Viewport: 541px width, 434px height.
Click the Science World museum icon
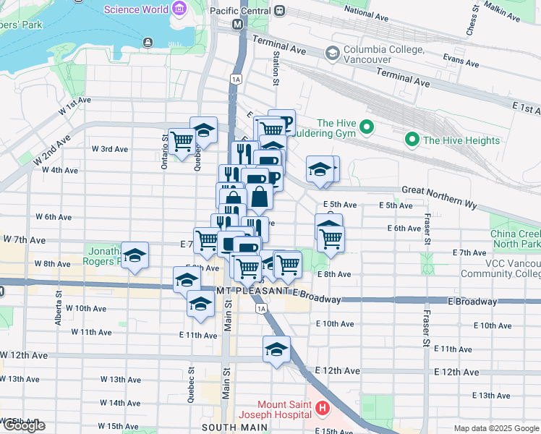pyautogui.click(x=179, y=9)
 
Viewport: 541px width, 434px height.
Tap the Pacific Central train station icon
pyautogui.click(x=277, y=12)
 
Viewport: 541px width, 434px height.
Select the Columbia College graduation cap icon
pyautogui.click(x=332, y=52)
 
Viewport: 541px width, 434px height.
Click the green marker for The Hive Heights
pyautogui.click(x=412, y=140)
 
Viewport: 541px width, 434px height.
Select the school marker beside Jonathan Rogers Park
pyautogui.click(x=135, y=256)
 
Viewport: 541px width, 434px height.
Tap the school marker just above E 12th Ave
pyautogui.click(x=276, y=350)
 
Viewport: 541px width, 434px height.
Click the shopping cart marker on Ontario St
pyautogui.click(x=181, y=140)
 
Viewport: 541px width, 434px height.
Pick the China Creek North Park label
pyautogui.click(x=515, y=239)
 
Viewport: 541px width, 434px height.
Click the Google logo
pyautogui.click(x=24, y=425)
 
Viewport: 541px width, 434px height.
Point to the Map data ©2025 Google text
pyautogui.click(x=495, y=428)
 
